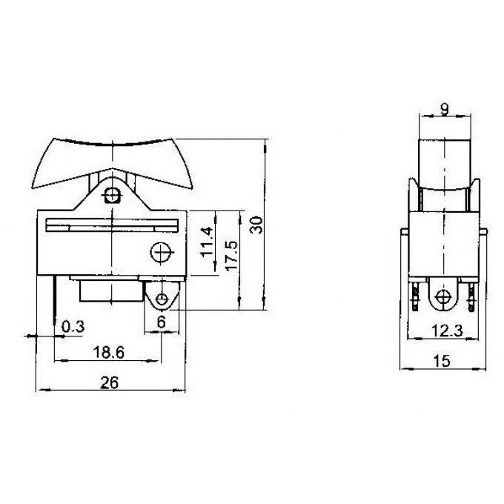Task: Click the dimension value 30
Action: point(256,225)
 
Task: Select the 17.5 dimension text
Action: point(232,256)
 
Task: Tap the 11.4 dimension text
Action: point(207,242)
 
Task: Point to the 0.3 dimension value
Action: point(73,327)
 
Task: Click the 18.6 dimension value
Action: point(109,353)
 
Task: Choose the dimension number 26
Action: point(110,383)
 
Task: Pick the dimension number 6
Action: point(162,322)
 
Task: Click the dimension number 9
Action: point(444,110)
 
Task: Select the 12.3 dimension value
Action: point(447,331)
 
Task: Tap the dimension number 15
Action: point(442,361)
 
